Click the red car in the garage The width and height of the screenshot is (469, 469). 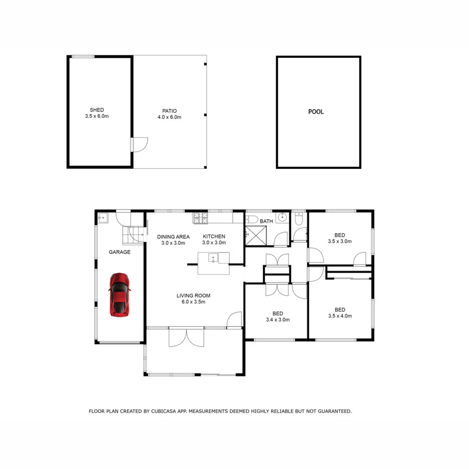click(119, 294)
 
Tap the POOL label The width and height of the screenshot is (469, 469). click(316, 112)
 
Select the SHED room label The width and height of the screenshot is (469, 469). click(97, 110)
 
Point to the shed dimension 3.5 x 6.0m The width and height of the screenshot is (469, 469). click(97, 116)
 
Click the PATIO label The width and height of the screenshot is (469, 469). click(169, 111)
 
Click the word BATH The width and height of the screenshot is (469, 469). click(266, 221)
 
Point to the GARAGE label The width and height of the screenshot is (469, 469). click(119, 252)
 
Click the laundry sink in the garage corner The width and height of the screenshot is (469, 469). click(103, 217)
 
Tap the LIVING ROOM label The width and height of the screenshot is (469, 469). click(193, 296)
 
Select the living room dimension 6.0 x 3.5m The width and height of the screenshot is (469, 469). click(193, 302)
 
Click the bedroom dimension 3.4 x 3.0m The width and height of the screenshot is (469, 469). click(278, 320)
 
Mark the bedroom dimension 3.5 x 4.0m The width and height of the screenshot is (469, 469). click(340, 316)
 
